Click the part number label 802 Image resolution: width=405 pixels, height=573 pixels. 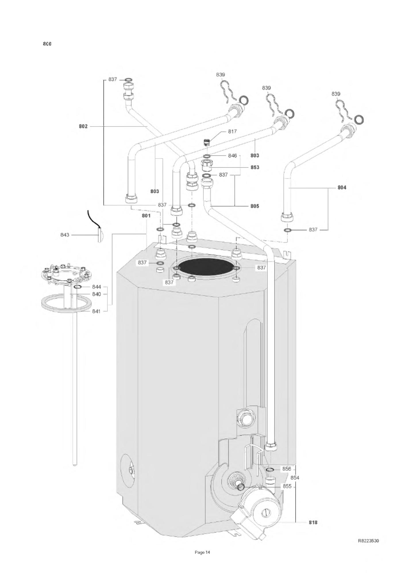click(x=83, y=126)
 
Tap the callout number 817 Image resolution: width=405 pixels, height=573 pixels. click(x=232, y=132)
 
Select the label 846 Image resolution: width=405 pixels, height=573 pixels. click(x=232, y=156)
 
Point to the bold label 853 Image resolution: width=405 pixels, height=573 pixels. click(x=255, y=167)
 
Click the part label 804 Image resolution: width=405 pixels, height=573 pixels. click(x=342, y=188)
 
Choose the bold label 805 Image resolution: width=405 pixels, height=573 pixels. click(x=255, y=206)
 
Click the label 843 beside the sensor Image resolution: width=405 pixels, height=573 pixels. click(x=65, y=235)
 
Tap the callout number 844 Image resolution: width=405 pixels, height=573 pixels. click(x=97, y=287)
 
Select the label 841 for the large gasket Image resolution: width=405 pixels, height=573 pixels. click(x=97, y=311)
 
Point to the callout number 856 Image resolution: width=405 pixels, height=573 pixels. click(x=287, y=469)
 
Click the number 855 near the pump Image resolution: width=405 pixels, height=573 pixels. click(x=287, y=486)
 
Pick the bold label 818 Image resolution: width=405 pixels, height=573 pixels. click(x=313, y=522)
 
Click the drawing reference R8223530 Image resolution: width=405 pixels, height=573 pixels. click(x=369, y=541)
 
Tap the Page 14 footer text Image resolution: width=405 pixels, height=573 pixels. click(x=203, y=552)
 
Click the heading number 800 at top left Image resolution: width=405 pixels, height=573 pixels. click(x=47, y=44)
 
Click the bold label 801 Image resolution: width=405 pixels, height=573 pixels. click(x=146, y=216)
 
